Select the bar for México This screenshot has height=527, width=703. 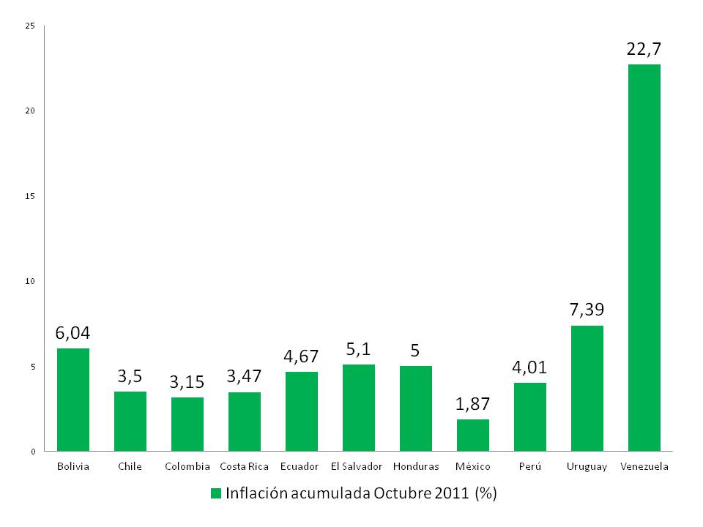[473, 435]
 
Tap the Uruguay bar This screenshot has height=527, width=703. [587, 388]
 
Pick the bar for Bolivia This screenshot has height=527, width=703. [73, 400]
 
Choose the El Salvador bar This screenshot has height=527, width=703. [359, 408]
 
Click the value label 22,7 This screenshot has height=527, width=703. [644, 50]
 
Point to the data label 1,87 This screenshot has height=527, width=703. [473, 404]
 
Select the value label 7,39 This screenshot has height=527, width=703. [587, 310]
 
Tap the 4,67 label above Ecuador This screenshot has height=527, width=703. [302, 356]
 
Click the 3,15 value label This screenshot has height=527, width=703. [187, 382]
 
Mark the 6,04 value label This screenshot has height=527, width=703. [73, 333]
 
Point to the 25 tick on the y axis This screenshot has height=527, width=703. [30, 26]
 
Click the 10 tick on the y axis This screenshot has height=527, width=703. [30, 281]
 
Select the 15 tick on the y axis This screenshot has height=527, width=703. [30, 196]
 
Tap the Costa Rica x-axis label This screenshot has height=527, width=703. [245, 466]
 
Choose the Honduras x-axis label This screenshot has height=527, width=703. [416, 466]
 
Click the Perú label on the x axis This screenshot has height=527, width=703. [530, 466]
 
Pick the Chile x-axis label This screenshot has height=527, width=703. [130, 466]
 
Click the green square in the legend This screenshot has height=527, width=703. [215, 493]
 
